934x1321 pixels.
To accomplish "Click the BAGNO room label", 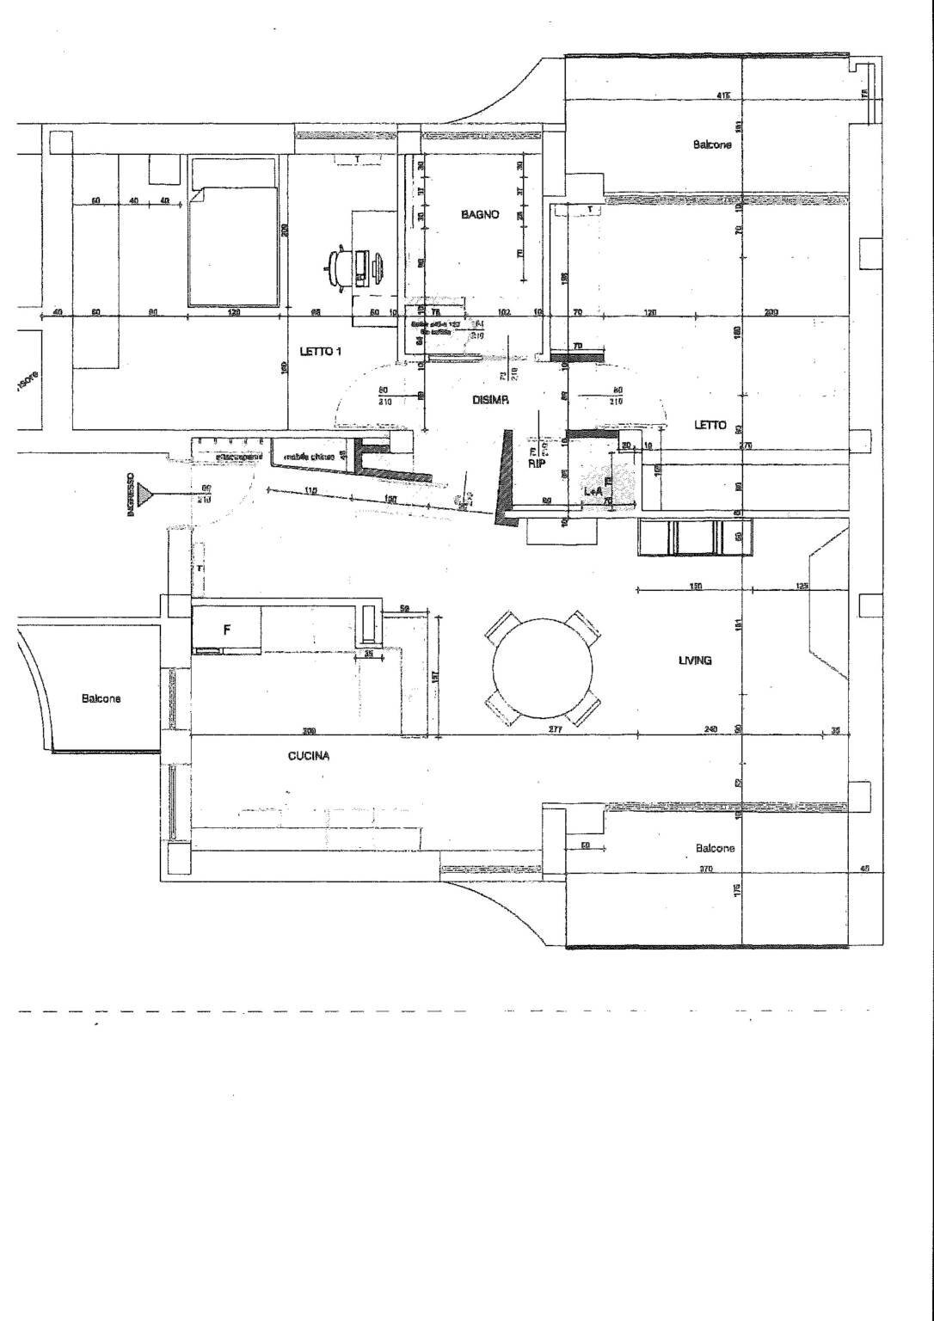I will point(479,214).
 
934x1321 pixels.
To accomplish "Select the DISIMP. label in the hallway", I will point(491,400).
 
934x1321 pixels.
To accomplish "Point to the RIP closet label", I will point(537,462).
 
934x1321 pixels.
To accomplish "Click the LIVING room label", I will point(695,660).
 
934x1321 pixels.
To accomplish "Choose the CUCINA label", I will point(309,757).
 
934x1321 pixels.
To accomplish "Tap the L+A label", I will point(593,490).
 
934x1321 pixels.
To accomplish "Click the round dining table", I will point(543,667).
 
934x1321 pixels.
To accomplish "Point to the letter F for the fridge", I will point(227,630).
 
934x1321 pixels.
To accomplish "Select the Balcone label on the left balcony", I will point(101,698).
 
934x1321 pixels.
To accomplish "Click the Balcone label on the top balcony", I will point(712,144).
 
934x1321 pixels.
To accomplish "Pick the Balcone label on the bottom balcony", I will point(716,848).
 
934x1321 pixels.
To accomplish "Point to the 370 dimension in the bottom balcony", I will point(706,869).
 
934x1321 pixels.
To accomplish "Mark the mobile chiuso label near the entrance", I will point(309,457).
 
